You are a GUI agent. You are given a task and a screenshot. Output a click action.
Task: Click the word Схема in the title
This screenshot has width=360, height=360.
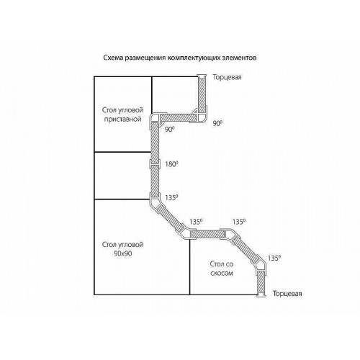coord(113,58)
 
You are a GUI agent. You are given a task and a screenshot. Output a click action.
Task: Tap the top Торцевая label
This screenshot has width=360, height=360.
coord(227,77)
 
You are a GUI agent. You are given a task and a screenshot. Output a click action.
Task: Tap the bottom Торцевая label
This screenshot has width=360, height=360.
coord(287,294)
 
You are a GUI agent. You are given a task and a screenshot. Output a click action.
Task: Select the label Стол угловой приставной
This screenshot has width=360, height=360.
coord(122,114)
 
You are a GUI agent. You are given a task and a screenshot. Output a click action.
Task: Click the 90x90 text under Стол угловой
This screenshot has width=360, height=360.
coord(123,253)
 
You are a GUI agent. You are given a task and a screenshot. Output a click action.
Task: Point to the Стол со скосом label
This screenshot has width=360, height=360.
coord(222,269)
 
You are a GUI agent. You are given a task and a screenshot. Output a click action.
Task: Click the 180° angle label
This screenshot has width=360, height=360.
coord(171,164)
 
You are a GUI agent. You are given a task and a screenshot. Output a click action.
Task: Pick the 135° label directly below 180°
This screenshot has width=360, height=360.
coord(171,197)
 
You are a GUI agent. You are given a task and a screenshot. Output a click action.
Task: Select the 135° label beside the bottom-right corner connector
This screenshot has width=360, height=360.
coord(274,258)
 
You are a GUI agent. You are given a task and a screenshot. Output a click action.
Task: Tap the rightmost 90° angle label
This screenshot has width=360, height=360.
coord(217,123)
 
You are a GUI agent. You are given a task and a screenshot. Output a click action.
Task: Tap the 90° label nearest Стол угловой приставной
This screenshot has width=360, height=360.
coord(169,130)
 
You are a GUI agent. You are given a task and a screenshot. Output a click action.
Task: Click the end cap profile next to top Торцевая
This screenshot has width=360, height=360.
coord(202,76)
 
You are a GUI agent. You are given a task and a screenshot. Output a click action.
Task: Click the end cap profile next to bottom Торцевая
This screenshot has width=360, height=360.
coord(261,295)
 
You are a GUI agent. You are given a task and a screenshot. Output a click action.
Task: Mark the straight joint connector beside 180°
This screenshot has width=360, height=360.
coord(155,163)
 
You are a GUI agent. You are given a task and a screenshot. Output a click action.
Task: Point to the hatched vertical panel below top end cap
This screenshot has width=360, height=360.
coord(202,95)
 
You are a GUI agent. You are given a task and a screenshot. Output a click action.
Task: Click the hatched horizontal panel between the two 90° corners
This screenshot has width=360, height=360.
coord(178,117)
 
